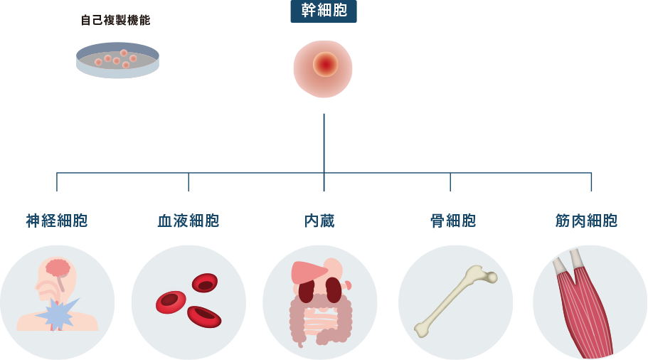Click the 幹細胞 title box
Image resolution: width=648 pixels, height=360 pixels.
pyautogui.click(x=324, y=11)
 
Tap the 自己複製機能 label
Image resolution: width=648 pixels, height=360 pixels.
pyautogui.click(x=115, y=20)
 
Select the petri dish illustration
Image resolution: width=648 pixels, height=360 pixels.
pyautogui.click(x=118, y=60)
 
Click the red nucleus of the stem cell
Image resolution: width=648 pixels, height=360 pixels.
pyautogui.click(x=326, y=65)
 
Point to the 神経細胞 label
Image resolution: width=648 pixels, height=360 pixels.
pyautogui.click(x=57, y=221)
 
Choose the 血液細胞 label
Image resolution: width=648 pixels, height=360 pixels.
pyautogui.click(x=188, y=221)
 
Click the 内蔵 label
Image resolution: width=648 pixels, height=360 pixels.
pyautogui.click(x=319, y=221)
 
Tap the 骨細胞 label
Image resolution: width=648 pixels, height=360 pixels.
pyautogui.click(x=453, y=221)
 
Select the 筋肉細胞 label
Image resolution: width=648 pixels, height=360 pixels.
pyautogui.click(x=586, y=221)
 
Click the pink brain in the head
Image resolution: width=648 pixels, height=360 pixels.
pyautogui.click(x=58, y=268)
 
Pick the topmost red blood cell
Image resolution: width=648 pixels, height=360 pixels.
pyautogui.click(x=205, y=282)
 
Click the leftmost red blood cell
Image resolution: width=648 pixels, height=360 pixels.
pyautogui.click(x=171, y=302)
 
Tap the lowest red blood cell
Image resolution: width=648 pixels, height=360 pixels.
pyautogui.click(x=204, y=317)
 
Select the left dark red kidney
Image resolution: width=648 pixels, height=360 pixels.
pyautogui.click(x=307, y=292)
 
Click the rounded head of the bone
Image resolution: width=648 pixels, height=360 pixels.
pyautogui.click(x=492, y=277)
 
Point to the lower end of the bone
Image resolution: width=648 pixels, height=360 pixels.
pyautogui.click(x=421, y=329)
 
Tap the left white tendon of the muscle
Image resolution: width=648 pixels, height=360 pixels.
pyautogui.click(x=560, y=266)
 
